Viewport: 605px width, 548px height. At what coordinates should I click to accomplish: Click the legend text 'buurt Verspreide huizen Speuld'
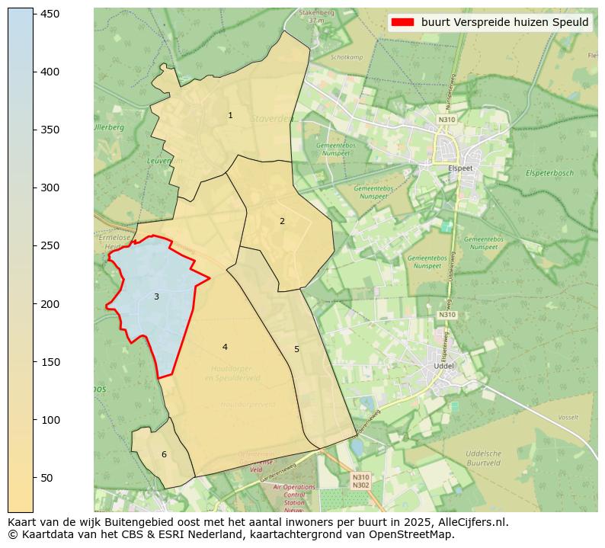click(504, 22)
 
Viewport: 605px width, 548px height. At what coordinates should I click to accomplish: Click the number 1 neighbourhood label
click(230, 115)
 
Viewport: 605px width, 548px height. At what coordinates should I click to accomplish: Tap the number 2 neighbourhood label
click(282, 221)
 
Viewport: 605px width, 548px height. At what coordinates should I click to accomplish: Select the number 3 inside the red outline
click(156, 296)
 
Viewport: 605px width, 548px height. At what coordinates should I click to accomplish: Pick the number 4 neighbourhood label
click(225, 347)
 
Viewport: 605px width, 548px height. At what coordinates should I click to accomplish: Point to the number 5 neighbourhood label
click(296, 349)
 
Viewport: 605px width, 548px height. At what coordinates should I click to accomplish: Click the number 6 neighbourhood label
click(164, 455)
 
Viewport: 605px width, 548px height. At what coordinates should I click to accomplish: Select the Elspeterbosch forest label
click(549, 174)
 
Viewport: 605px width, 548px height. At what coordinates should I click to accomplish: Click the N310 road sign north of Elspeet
click(447, 120)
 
